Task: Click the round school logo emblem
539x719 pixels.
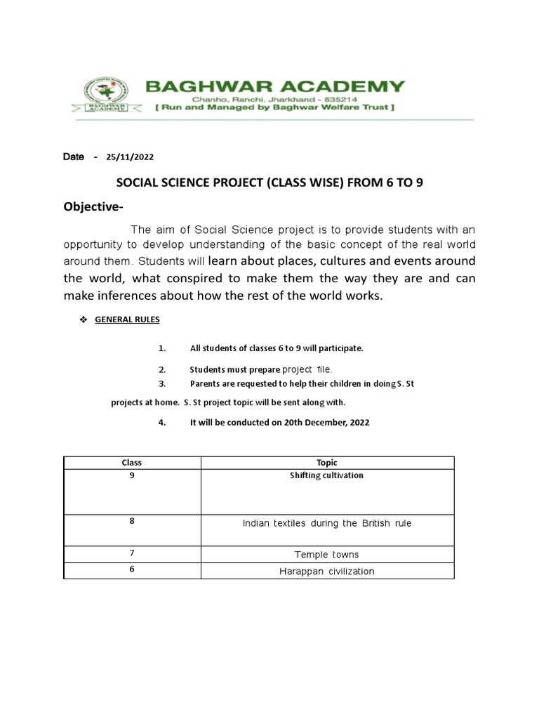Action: [106, 93]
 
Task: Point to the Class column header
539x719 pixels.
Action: [132, 463]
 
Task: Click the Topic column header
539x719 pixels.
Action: [327, 463]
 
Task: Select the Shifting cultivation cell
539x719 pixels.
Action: [327, 475]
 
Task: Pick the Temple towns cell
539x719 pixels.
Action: [327, 555]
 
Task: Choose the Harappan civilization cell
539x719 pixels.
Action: [327, 572]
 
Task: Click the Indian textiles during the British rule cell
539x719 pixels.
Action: [327, 523]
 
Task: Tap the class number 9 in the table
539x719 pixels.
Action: [132, 475]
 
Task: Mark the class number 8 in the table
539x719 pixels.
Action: [132, 521]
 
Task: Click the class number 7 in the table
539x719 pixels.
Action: [132, 553]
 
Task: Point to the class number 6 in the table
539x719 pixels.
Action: [132, 569]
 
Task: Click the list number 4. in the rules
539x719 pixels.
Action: [162, 423]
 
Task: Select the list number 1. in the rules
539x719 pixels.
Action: [161, 348]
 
